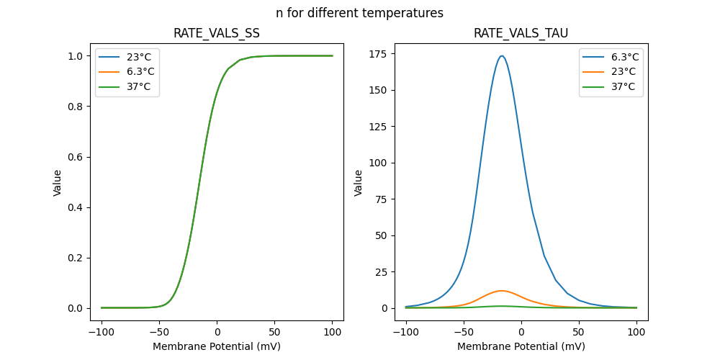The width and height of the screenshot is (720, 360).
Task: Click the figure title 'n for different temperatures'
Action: coord(359,13)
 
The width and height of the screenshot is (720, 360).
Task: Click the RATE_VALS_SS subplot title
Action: coord(217,34)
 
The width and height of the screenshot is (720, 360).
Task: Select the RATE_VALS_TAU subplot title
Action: coord(521,34)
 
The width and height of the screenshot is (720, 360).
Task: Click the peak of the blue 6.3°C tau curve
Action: coord(502,56)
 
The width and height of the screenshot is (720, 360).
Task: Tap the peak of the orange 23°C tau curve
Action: coord(502,291)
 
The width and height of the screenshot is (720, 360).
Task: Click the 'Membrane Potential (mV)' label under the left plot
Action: coord(217,346)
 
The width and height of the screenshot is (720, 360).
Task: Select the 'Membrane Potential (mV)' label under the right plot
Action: coord(521,346)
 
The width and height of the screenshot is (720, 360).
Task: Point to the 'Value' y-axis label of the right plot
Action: coord(359,183)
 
